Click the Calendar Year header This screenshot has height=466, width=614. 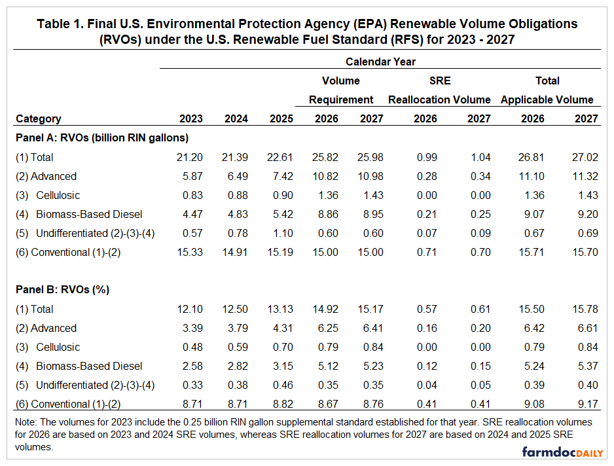click(x=380, y=62)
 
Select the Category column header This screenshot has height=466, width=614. click(x=39, y=118)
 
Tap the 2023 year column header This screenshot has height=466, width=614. click(x=191, y=118)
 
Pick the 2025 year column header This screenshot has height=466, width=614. click(x=281, y=118)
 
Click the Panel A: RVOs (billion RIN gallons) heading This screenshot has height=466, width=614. click(x=102, y=137)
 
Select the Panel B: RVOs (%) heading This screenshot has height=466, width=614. click(x=60, y=289)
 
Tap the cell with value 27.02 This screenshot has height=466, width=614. click(x=586, y=157)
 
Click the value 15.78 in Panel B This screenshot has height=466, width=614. click(x=586, y=309)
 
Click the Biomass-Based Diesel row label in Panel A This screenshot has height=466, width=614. click(x=89, y=214)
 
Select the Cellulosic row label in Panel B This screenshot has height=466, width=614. click(x=58, y=347)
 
